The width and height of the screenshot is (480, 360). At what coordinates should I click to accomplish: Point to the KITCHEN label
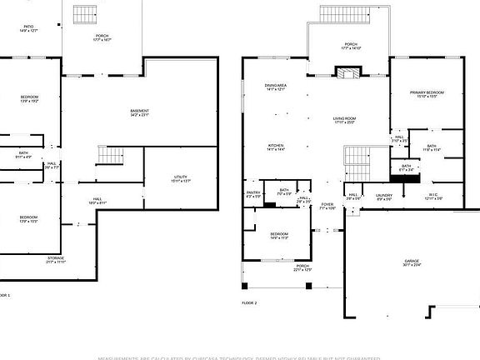coord(276,145)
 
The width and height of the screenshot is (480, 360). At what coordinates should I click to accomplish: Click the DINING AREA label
coord(276,86)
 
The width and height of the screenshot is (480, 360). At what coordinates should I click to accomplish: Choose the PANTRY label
coord(253,193)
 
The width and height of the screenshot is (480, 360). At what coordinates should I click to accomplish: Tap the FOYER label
coord(327,206)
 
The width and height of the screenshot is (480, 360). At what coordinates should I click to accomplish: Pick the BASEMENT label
coord(140,112)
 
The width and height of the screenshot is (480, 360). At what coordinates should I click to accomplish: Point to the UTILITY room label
coord(181,178)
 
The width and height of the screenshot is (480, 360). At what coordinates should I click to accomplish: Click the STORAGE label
coord(56,259)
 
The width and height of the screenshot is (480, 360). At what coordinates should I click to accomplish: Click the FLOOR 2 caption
coord(249,302)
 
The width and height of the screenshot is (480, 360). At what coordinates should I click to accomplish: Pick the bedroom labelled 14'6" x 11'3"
coord(278,236)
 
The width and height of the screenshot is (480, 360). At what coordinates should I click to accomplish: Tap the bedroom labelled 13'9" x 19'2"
coord(29,99)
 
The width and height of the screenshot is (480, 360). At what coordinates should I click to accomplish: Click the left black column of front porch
coord(243,287)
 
